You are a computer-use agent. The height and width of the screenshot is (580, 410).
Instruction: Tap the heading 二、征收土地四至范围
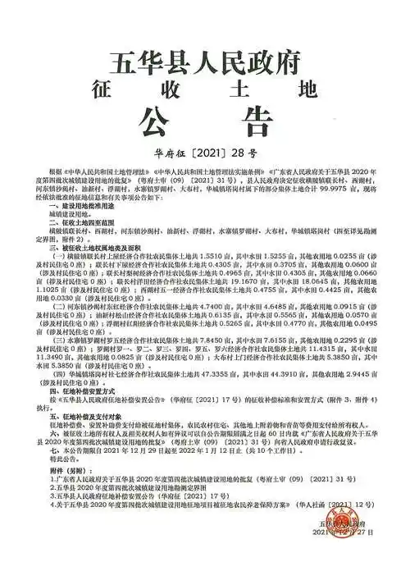76,223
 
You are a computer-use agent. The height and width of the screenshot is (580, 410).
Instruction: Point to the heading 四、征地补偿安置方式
75,395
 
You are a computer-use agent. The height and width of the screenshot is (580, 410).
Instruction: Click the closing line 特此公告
58,459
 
